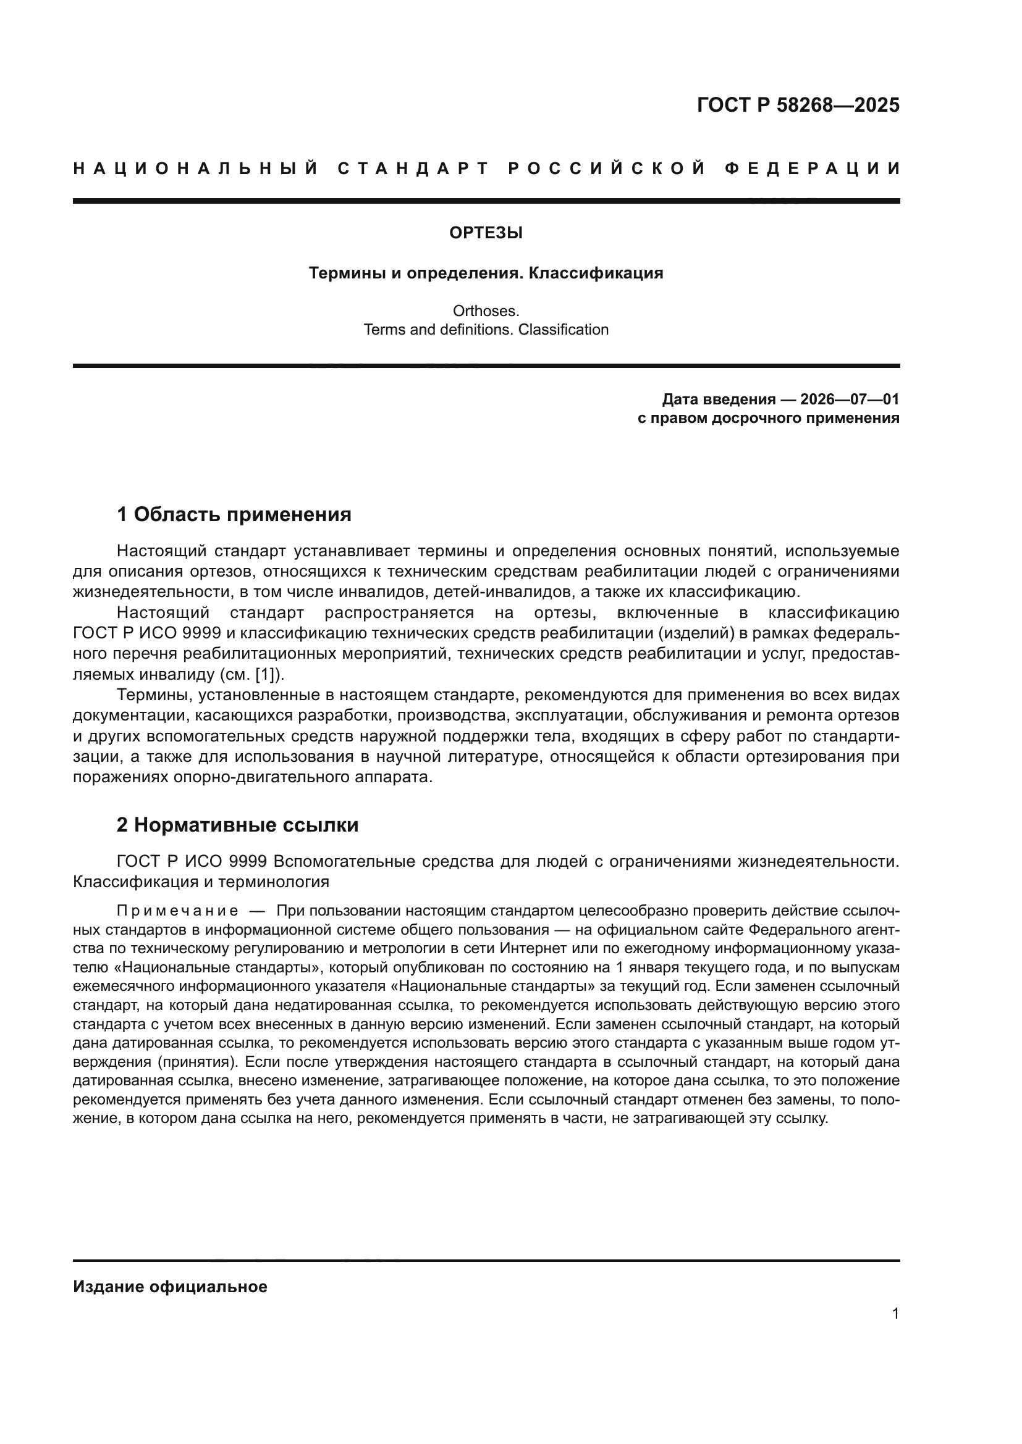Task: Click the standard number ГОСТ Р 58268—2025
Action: coord(798,105)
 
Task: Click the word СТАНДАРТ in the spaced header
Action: coord(413,169)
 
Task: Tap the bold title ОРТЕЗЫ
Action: coord(486,233)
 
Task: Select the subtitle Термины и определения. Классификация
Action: coord(486,273)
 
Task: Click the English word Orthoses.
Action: coord(486,311)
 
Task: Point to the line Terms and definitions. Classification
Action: coord(486,330)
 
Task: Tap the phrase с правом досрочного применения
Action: coord(769,418)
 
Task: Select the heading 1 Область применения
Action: coord(234,514)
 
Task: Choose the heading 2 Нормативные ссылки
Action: coord(237,825)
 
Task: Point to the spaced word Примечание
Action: coord(177,911)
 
